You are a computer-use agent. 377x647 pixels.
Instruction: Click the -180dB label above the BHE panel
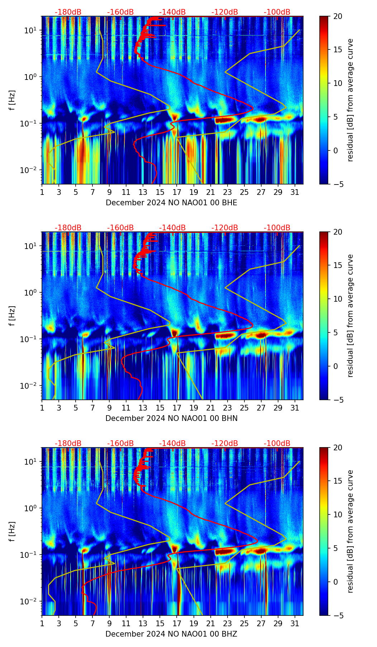pos(68,12)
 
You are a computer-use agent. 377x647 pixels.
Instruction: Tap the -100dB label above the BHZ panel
pos(277,444)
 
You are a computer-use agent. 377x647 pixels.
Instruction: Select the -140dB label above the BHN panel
pos(172,228)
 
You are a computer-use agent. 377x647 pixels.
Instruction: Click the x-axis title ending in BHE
pos(171,203)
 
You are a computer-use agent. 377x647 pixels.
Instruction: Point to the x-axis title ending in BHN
pos(171,418)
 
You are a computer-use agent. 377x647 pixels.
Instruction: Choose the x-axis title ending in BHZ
pos(171,634)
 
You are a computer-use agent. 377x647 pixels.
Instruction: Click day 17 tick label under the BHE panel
pos(177,192)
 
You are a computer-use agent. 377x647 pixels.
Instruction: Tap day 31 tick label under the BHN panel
pos(295,408)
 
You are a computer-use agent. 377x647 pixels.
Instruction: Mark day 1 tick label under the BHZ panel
pos(42,624)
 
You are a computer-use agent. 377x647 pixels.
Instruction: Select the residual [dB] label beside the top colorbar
pos(350,100)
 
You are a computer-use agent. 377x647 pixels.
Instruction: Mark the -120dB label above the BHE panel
pos(225,12)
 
